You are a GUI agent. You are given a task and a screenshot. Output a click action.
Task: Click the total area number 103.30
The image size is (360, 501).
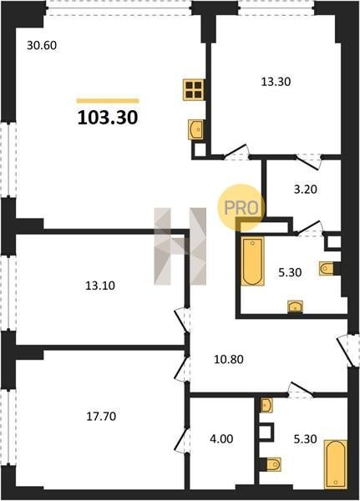click(x=108, y=117)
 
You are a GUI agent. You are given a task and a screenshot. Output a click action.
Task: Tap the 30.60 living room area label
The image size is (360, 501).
click(x=42, y=45)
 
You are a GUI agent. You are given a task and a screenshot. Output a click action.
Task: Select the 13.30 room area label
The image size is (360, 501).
click(x=276, y=82)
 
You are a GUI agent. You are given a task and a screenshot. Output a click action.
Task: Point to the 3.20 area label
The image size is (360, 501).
click(x=306, y=190)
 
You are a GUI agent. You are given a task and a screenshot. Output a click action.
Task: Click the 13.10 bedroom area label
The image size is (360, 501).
click(x=100, y=286)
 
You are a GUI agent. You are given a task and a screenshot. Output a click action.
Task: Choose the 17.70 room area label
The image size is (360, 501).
click(x=101, y=417)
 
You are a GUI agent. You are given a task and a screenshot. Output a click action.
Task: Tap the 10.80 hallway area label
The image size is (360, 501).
click(x=229, y=359)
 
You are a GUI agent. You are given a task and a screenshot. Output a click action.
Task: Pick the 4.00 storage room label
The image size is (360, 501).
click(x=221, y=438)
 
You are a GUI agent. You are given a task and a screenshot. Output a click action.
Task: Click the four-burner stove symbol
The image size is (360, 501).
click(x=194, y=90)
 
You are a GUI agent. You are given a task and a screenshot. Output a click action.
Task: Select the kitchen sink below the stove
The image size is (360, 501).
click(x=195, y=129)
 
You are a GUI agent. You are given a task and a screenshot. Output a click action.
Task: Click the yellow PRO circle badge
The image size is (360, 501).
click(x=241, y=208)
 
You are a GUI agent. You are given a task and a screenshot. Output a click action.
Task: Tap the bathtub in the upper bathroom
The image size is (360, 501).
click(x=252, y=261)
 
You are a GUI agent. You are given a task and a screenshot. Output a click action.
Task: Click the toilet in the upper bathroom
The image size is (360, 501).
click(x=326, y=268)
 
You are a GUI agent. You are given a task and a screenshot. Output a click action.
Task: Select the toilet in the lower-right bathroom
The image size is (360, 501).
click(x=273, y=464)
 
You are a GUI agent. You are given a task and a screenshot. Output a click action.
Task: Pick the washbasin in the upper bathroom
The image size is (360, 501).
click(x=296, y=306)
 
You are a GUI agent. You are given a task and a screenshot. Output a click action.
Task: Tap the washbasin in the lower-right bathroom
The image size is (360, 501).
click(x=266, y=406)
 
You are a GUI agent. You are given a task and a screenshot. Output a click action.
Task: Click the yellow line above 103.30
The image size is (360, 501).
click(x=108, y=101)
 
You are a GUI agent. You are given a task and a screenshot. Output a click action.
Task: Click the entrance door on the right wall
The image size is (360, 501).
click(x=346, y=351)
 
